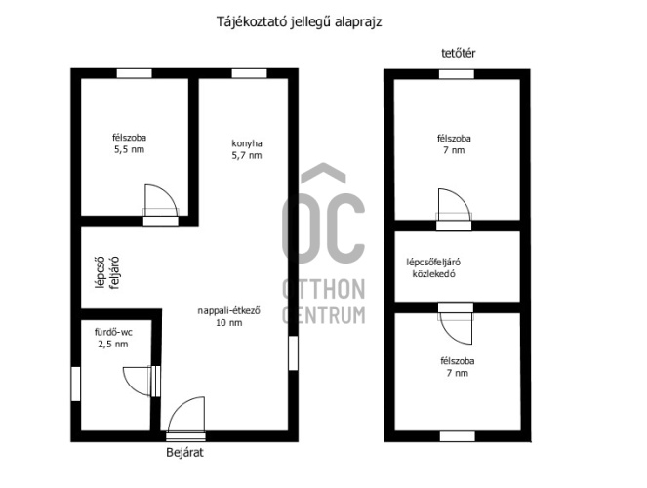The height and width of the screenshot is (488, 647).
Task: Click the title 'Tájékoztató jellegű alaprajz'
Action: (x=300, y=21)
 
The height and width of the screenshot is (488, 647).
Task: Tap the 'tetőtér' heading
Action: (x=459, y=54)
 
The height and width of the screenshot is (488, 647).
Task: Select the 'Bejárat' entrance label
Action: (x=184, y=453)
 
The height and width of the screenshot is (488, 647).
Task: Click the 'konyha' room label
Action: (x=247, y=143)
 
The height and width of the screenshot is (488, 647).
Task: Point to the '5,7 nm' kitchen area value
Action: (x=247, y=155)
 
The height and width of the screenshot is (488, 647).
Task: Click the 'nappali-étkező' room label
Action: (x=228, y=310)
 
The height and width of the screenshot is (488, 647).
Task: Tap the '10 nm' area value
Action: (x=229, y=323)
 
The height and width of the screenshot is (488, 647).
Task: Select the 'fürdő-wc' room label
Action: (x=113, y=332)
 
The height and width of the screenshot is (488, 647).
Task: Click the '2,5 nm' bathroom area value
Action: (x=113, y=344)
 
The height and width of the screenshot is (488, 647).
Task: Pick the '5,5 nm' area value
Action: (x=129, y=149)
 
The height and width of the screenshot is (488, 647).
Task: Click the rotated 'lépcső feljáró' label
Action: (x=107, y=272)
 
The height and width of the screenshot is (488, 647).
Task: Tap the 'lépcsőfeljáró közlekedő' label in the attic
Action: (x=433, y=268)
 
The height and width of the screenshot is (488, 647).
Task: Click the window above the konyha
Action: (x=249, y=73)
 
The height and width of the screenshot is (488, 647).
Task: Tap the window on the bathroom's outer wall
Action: (x=75, y=384)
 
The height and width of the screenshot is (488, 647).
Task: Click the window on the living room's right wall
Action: (x=293, y=353)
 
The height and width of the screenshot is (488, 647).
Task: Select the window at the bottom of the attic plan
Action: (x=457, y=436)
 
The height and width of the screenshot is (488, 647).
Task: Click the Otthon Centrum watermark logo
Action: (x=324, y=243)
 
